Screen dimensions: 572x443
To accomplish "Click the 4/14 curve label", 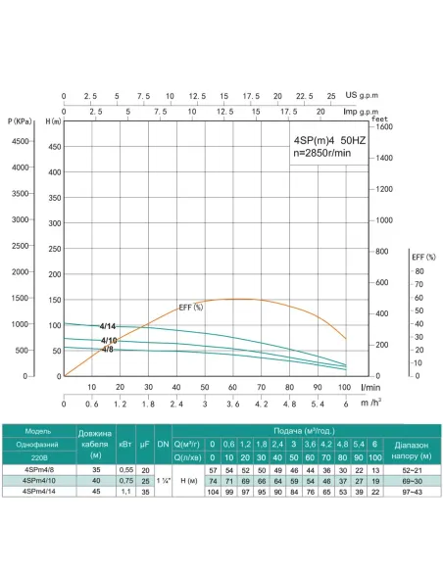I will point(108,325).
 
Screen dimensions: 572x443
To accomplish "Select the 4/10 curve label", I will point(109,340).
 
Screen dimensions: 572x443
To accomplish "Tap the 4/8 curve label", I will point(107,349).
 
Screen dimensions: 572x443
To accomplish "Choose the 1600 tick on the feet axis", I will point(383,126).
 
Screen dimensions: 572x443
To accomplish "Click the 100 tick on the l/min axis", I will point(345,387).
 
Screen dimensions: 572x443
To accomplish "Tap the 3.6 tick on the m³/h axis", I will point(233,403).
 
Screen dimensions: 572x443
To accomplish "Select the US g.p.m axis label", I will point(364,96).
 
